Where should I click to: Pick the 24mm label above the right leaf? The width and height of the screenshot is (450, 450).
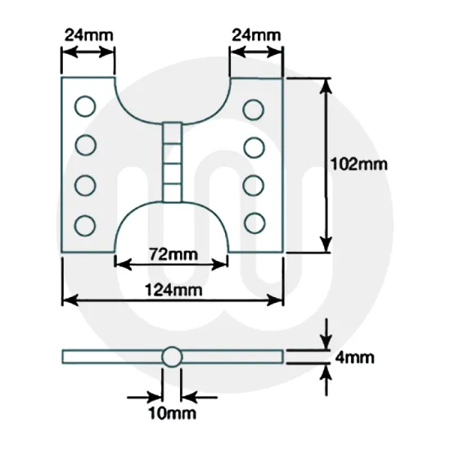[256, 35]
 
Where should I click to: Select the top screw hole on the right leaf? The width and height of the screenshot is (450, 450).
[254, 107]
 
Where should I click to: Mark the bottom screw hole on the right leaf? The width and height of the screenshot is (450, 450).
[254, 222]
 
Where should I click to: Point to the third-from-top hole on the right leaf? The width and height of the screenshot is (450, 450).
[254, 184]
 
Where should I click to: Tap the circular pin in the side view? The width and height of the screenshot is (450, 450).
[171, 357]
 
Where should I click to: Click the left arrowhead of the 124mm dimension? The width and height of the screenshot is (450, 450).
[69, 299]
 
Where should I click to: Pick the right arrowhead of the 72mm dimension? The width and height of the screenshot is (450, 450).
[220, 263]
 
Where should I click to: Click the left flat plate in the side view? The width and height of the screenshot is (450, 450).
[110, 356]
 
